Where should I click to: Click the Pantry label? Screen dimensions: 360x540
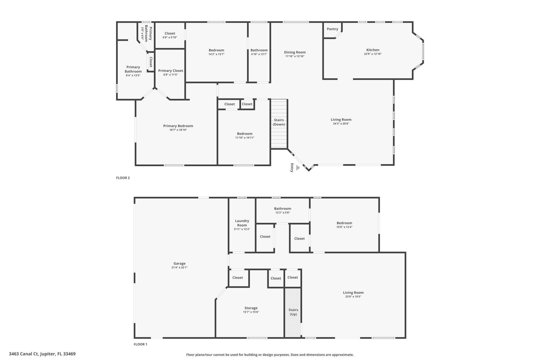pos(332,29)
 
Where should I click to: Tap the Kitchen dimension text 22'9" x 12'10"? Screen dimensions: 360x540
pos(373,54)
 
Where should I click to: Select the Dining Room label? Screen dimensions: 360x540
pos(294,52)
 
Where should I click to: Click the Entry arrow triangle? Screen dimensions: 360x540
pos(298,168)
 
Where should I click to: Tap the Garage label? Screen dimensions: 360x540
pos(179,263)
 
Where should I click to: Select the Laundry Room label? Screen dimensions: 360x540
pos(242,223)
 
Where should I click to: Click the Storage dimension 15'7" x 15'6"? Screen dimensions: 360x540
pos(251,312)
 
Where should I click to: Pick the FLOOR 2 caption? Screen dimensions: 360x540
pos(123,178)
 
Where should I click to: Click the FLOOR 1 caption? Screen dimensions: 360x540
pos(140,344)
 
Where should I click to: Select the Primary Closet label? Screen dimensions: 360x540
pos(170,71)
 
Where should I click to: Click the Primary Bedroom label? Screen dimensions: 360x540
pos(178,126)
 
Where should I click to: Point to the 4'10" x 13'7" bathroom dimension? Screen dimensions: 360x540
pos(259,54)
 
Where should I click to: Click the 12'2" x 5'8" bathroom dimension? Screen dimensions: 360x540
pos(282,213)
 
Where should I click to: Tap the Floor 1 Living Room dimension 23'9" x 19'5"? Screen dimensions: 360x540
pos(353,296)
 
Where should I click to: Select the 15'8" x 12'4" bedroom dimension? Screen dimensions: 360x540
pos(344,227)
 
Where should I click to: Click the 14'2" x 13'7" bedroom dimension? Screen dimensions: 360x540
pos(216,54)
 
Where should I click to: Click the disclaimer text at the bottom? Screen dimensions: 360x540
pos(270,355)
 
